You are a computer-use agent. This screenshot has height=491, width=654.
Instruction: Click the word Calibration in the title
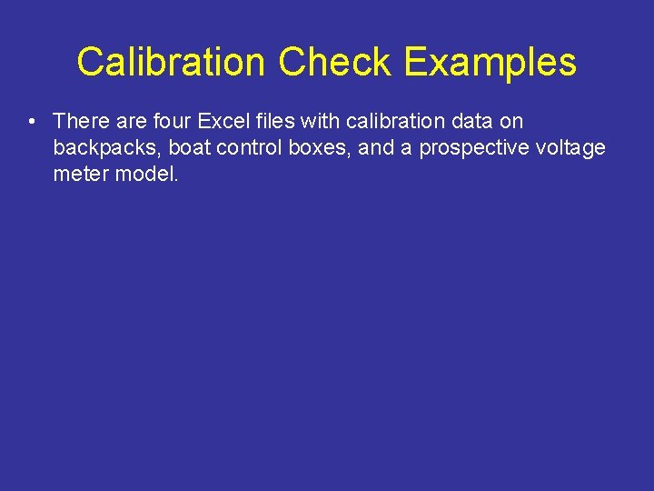pyautogui.click(x=173, y=63)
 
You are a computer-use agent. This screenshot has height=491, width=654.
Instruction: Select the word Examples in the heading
pyautogui.click(x=490, y=63)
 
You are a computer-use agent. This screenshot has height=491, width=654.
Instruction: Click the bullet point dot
pyautogui.click(x=31, y=122)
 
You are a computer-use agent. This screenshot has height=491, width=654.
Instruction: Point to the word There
pyautogui.click(x=82, y=121)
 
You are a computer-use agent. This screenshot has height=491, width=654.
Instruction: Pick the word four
pyautogui.click(x=173, y=121)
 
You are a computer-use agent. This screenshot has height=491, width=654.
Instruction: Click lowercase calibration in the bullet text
pyautogui.click(x=396, y=121)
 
